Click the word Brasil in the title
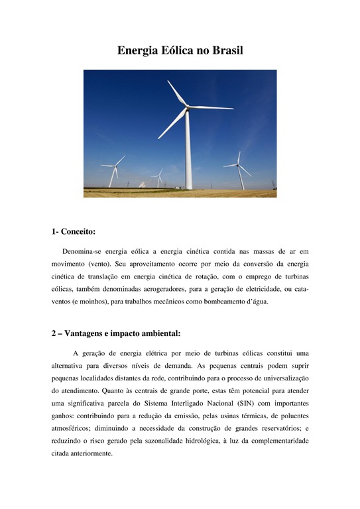[223, 50]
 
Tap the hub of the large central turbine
[187, 107]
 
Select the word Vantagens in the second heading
[93, 333]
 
